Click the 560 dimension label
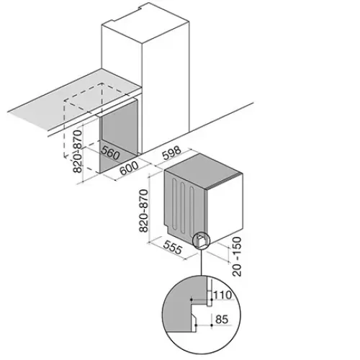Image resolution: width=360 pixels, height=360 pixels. pos(110,153)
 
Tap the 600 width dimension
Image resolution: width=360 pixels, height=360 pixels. pos(129,168)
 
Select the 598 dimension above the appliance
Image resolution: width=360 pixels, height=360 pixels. pos(171,153)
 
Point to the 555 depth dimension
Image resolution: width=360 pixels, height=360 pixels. pos(172,247)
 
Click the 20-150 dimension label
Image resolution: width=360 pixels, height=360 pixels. pos(237,256)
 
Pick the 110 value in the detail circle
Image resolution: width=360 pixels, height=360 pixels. pos(222,295)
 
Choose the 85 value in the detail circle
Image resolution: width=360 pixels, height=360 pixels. pos(222,320)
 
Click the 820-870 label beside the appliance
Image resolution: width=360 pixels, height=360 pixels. pos(143,211)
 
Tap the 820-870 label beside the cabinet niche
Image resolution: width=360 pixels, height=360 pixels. pos(78,151)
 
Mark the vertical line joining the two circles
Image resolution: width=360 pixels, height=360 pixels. pos(202,262)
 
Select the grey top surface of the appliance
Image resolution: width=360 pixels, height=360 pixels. pos(204,171)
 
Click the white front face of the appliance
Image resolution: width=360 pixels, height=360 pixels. pos(225,208)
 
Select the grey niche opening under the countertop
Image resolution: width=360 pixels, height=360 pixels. pos(120,135)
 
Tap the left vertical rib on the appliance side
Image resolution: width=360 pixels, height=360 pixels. pos(174,202)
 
